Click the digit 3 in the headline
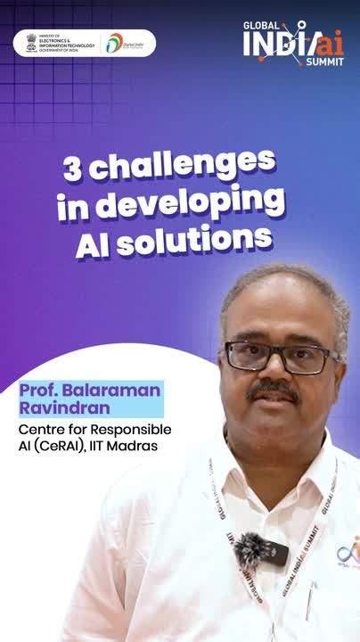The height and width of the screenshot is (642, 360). [x=73, y=166]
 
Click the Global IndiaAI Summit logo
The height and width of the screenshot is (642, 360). [x=293, y=42]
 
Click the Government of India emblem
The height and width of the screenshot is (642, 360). [x=31, y=42]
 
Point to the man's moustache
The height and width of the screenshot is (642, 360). [x=272, y=390]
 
